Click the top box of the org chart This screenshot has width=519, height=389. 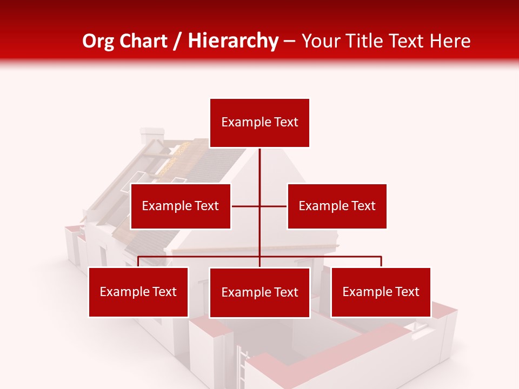point(259,123)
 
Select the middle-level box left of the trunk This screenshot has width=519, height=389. point(181,206)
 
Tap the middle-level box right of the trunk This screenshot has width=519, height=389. point(337,206)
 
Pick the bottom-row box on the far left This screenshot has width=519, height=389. point(138,292)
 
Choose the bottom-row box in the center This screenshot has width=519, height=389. point(259,292)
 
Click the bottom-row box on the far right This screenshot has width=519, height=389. point(381,292)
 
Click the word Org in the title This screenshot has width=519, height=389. point(99,41)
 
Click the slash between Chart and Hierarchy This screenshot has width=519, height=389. point(178,42)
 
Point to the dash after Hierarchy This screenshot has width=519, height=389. point(289,42)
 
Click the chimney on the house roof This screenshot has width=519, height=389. point(151,136)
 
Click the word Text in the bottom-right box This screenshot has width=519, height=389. point(407,292)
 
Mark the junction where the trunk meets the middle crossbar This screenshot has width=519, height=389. point(259,206)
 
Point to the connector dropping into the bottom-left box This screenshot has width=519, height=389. point(138,262)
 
